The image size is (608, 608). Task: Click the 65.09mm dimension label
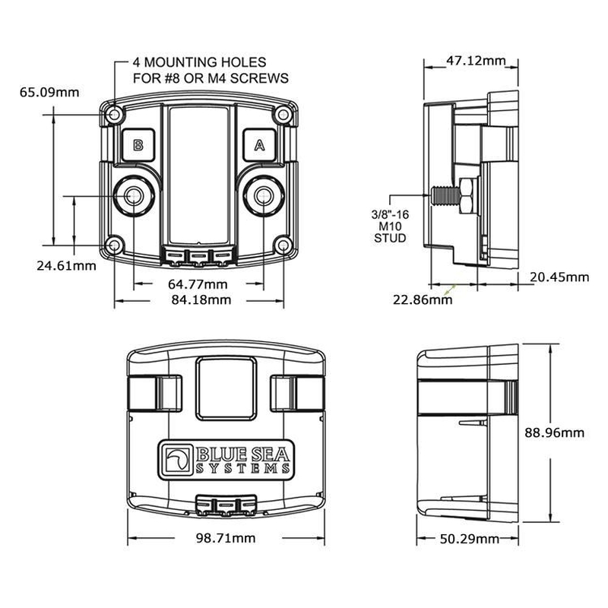click(49, 93)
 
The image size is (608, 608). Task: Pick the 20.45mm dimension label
click(559, 277)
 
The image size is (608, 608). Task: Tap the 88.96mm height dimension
click(556, 432)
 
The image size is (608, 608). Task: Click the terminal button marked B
click(138, 144)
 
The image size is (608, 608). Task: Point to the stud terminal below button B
click(135, 196)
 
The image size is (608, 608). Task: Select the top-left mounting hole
click(114, 115)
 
